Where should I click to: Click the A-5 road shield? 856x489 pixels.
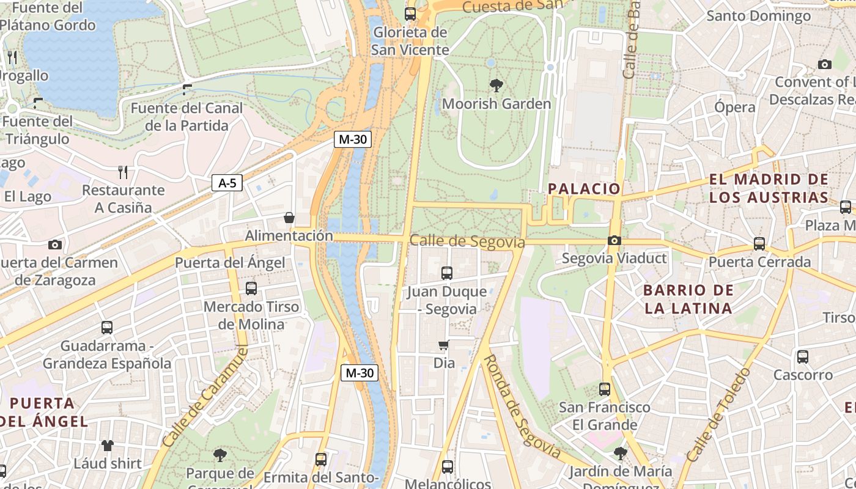coord(227,183)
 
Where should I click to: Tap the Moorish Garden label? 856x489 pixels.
coord(496,104)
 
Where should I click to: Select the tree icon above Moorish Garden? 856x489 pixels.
coord(496,86)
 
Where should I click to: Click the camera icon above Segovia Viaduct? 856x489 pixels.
coord(614,240)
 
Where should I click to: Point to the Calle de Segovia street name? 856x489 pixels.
coord(467,241)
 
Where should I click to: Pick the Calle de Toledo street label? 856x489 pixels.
coord(718,414)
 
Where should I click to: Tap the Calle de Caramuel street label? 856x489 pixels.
coord(197,396)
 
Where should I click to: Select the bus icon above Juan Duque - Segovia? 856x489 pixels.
coord(447,273)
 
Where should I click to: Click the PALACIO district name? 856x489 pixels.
coord(584,189)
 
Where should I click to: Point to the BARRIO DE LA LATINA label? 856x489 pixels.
coord(688,299)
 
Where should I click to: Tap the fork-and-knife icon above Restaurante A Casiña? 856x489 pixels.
coord(124,172)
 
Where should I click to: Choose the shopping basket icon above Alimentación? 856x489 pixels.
coord(289,218)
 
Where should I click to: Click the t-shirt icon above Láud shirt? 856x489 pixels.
coord(108,445)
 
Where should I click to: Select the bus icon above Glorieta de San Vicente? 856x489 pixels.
coord(410,13)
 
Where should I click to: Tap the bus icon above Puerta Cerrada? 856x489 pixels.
coord(759,244)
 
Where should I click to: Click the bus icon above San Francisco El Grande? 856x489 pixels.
coord(605,389)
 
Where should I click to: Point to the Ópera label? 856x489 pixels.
coord(735,107)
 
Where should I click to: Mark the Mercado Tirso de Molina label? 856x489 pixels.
coord(251,315)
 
